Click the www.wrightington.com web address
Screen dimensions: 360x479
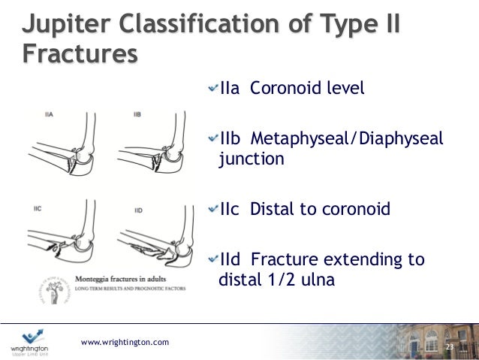click(x=125, y=343)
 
